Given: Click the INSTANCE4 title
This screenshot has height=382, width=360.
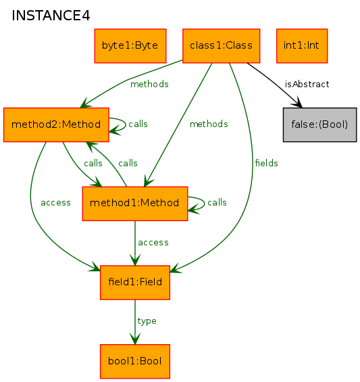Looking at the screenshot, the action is (51, 16).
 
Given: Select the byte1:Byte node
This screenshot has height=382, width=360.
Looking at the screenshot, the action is (130, 46).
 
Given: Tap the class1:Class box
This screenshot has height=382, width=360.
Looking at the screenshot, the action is (222, 46).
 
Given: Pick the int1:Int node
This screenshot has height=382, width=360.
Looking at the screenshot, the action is (302, 46).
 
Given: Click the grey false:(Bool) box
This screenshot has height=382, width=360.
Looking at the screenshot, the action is (320, 124).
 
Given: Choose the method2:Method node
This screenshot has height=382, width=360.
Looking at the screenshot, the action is (56, 124).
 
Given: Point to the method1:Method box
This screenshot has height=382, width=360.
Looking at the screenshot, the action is (135, 204).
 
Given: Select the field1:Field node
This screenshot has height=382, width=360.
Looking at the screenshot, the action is (135, 283).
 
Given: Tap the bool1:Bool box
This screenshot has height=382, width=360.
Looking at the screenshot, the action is (135, 362).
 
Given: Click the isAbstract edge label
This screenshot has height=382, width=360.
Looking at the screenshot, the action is (307, 85).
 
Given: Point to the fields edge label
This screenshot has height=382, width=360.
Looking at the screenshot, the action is (267, 163).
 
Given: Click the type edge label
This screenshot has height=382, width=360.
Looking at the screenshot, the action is (147, 321).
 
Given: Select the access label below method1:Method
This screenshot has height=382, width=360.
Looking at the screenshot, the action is (153, 243).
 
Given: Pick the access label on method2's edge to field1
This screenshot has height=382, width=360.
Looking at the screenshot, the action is (55, 203).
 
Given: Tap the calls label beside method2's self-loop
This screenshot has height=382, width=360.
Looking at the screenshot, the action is (138, 124).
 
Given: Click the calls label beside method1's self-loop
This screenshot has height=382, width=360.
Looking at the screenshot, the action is (217, 202).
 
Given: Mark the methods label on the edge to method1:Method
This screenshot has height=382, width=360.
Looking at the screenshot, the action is (209, 124).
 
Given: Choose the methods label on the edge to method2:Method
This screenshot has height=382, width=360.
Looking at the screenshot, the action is (149, 85).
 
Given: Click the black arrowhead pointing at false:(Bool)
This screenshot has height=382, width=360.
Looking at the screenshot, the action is (297, 103).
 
